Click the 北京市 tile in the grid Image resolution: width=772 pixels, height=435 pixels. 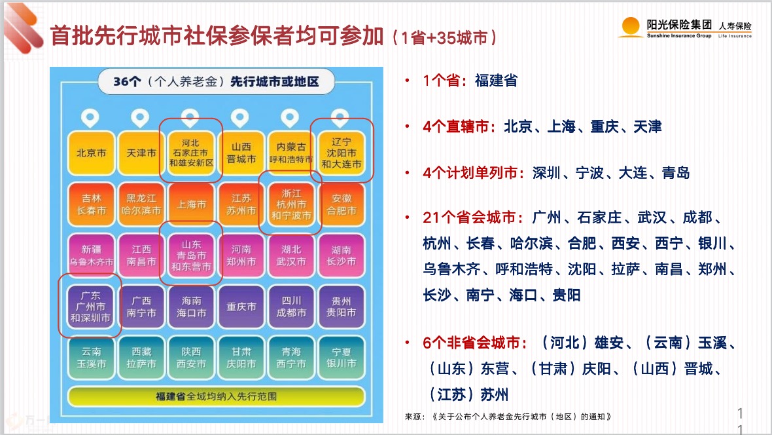tap(92, 153)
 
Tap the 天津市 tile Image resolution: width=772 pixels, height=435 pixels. tap(141, 153)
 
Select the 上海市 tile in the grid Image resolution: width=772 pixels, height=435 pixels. tap(192, 204)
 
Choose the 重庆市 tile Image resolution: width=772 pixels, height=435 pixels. tap(241, 307)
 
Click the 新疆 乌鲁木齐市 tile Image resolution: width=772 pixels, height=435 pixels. tap(92, 255)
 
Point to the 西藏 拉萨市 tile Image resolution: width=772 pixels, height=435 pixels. tap(141, 358)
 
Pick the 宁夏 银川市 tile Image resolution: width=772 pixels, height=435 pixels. tap(342, 358)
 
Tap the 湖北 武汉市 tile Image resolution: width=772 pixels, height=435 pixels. tap(292, 255)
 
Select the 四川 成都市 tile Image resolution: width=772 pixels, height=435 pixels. tap(292, 307)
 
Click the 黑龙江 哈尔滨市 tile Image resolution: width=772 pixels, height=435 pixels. tap(141, 204)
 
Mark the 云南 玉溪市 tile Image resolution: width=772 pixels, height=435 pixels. tap(92, 358)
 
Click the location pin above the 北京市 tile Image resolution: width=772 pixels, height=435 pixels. tap(90, 118)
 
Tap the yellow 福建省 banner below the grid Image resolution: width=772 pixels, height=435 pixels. tap(216, 396)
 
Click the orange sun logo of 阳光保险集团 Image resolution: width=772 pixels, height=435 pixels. tap(631, 27)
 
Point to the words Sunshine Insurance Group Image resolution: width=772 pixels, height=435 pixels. tap(679, 35)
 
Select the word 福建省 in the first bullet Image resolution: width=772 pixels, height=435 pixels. tap(496, 81)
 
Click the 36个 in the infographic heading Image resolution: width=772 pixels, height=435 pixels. tap(128, 81)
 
